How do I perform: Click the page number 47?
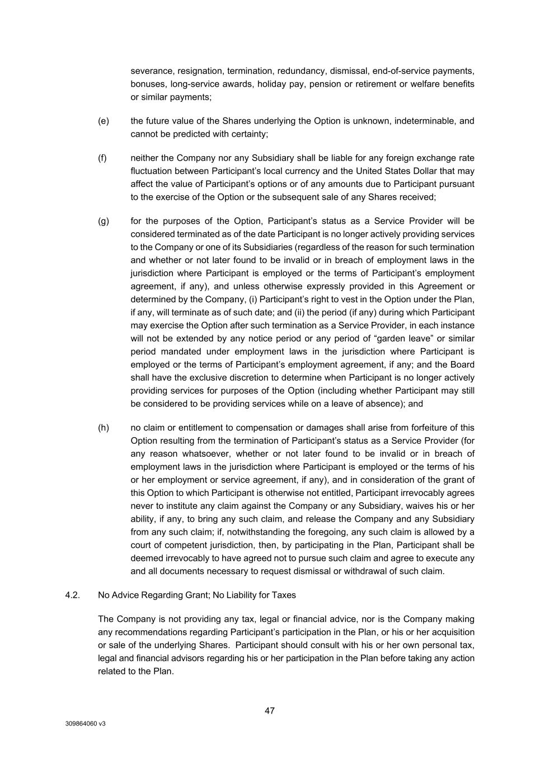pos(270,711)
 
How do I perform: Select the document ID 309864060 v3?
pos(85,724)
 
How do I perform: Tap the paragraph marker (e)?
pos(104,121)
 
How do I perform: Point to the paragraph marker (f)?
pos(102,158)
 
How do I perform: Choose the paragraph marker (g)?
pos(104,221)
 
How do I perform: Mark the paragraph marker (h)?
pos(104,428)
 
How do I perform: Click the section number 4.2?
pos(73,595)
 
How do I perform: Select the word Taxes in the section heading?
pos(284,595)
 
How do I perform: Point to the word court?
pos(142,545)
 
